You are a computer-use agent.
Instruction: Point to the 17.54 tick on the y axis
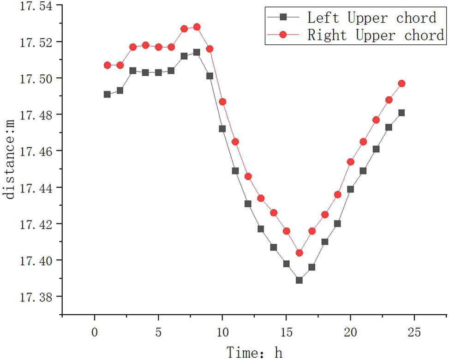(36, 6)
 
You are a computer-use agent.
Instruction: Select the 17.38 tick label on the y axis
(36, 297)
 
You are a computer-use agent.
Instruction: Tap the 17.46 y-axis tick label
(36, 151)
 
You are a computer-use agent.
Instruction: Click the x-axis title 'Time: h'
(254, 352)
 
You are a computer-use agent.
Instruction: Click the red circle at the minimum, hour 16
(299, 253)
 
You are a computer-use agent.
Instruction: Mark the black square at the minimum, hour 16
(299, 280)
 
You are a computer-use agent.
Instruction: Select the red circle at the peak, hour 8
(197, 27)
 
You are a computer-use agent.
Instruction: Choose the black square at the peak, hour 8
(197, 53)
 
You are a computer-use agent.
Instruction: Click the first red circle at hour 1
(107, 66)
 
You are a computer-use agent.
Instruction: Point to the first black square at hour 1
(107, 94)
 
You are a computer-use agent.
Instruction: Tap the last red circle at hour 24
(401, 84)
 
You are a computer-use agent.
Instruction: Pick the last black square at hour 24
(401, 113)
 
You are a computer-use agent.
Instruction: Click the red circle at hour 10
(222, 102)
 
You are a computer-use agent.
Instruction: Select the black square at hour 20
(350, 189)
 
